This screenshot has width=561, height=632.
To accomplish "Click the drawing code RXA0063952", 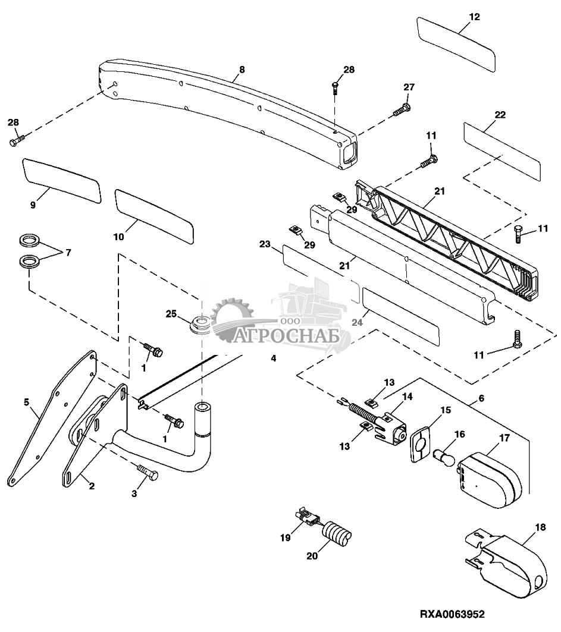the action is click(452, 614).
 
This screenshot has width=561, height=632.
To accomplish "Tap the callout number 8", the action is click(242, 70).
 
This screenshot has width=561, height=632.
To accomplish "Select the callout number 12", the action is click(475, 17).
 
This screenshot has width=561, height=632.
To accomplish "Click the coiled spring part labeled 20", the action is click(337, 534).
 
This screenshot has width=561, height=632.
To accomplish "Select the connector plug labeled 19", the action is click(309, 516).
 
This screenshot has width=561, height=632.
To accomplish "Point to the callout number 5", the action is click(27, 402).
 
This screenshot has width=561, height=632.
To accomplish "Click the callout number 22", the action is click(500, 115).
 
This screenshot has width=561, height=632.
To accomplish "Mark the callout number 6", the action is click(481, 398).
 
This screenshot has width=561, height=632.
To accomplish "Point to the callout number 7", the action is click(68, 252).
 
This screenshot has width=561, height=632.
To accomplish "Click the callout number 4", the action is click(274, 358).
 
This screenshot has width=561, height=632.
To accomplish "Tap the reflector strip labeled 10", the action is click(154, 216).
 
